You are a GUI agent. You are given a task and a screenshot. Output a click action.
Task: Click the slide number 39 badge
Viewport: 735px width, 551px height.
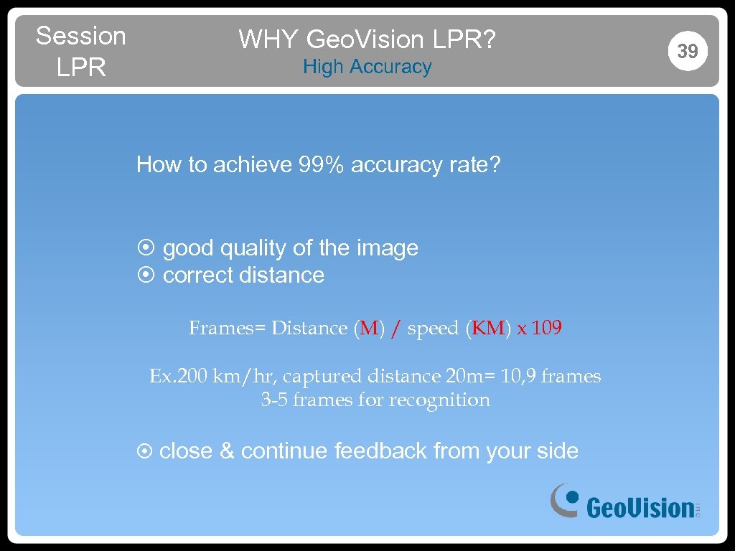coord(688,51)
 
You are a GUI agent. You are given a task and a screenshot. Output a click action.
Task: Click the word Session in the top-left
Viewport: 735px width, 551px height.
coord(80,36)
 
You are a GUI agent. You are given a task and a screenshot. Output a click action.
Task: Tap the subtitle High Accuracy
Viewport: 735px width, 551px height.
coord(367,67)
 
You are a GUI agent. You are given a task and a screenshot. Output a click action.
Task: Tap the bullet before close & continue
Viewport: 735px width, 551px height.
coord(144,451)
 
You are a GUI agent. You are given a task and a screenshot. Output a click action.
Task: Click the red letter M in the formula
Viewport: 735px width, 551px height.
coord(369,329)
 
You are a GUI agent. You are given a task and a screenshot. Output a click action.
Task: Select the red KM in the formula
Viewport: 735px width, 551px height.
coord(490,329)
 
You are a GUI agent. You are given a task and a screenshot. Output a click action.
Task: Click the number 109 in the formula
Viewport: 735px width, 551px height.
coord(547,329)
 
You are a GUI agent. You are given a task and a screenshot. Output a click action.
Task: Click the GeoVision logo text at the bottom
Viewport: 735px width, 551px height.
coord(639,508)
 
